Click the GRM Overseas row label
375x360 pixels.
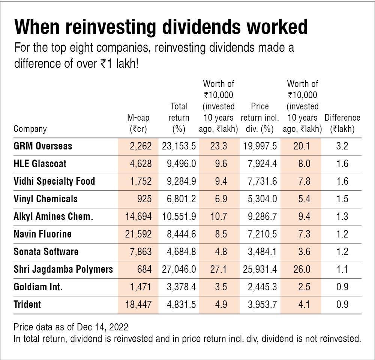pyautogui.click(x=43, y=146)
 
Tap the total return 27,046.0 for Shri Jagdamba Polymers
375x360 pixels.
pyautogui.click(x=179, y=269)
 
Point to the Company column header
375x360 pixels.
pyautogui.click(x=30, y=129)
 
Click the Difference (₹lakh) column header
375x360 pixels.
pyautogui.click(x=342, y=123)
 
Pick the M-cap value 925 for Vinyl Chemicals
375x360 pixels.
pyautogui.click(x=145, y=199)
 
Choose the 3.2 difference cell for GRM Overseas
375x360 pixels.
pyautogui.click(x=342, y=146)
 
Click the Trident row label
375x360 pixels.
pyautogui.click(x=27, y=305)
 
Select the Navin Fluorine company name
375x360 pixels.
pyautogui.click(x=43, y=234)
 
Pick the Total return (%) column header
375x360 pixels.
pyautogui.click(x=178, y=118)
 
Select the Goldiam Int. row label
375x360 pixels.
pyautogui.click(x=38, y=287)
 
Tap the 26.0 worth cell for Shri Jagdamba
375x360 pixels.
pyautogui.click(x=302, y=269)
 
